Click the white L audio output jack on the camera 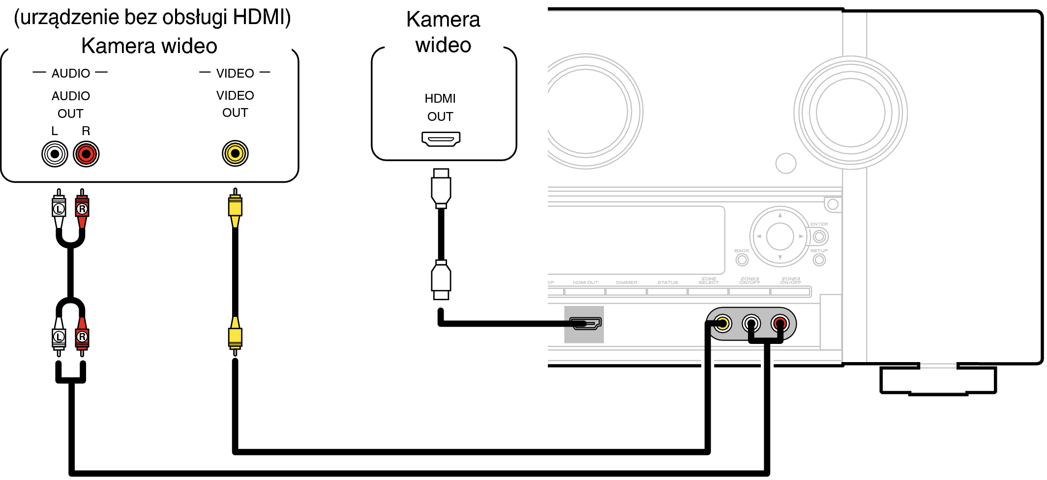point(55,154)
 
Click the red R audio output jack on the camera point(86,154)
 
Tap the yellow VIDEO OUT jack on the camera point(235,154)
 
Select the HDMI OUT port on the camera point(441,139)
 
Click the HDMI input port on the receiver point(585,323)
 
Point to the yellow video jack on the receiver point(722,323)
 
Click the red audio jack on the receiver point(780,323)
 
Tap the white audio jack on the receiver point(751,323)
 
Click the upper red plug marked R point(82,209)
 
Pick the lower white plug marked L point(59,337)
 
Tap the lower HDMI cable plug point(441,280)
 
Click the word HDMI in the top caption point(259,17)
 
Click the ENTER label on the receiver point(819,224)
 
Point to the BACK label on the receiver point(742,251)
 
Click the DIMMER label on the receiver point(627,282)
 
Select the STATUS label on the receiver point(667,282)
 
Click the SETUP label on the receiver point(819,251)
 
